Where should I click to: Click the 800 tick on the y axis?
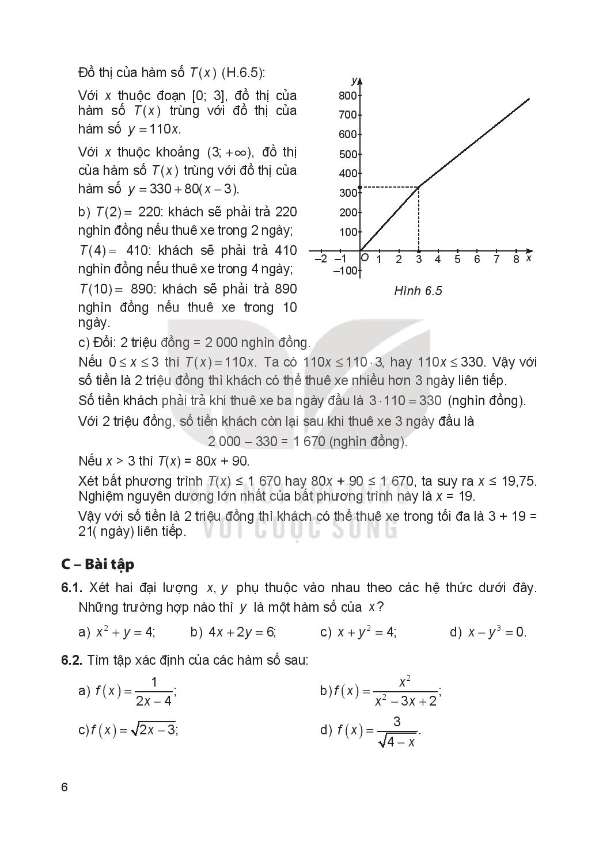click(x=348, y=96)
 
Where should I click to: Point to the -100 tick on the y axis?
click(x=346, y=270)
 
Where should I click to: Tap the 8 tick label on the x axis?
click(x=515, y=260)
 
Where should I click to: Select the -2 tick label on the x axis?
click(x=321, y=260)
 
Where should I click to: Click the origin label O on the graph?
click(x=365, y=258)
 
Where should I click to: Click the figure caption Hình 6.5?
click(x=418, y=291)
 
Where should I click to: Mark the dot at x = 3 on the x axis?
click(x=418, y=251)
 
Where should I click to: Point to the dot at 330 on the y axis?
click(x=360, y=187)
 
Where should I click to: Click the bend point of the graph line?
click(x=418, y=187)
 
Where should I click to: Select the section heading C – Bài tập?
click(x=97, y=564)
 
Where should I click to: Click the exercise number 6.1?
click(x=73, y=588)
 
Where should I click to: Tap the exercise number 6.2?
click(x=73, y=660)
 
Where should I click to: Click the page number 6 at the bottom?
click(x=65, y=787)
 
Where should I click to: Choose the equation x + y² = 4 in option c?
click(x=366, y=632)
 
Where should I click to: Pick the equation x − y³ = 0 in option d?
click(x=496, y=632)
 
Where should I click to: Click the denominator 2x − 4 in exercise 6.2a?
click(x=153, y=701)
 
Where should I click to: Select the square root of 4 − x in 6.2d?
click(x=397, y=741)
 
